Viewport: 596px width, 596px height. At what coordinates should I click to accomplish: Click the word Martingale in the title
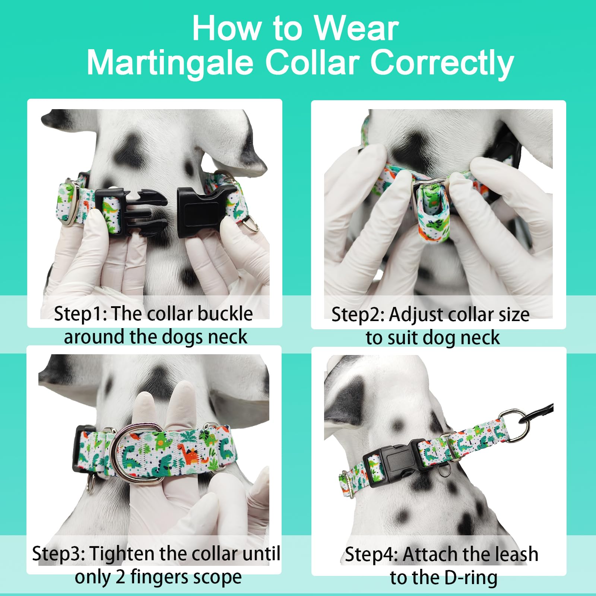coord(170,63)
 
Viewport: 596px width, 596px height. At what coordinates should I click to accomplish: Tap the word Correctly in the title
coord(442,63)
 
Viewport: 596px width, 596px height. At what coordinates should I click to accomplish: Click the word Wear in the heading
coord(356,29)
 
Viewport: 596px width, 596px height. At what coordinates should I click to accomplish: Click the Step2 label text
coord(357,315)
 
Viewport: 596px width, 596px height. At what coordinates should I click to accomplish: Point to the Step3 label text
coord(58,554)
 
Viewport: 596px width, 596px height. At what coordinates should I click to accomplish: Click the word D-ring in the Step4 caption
coord(471,578)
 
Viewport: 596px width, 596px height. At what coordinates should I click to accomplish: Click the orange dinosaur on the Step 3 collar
coord(189,454)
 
